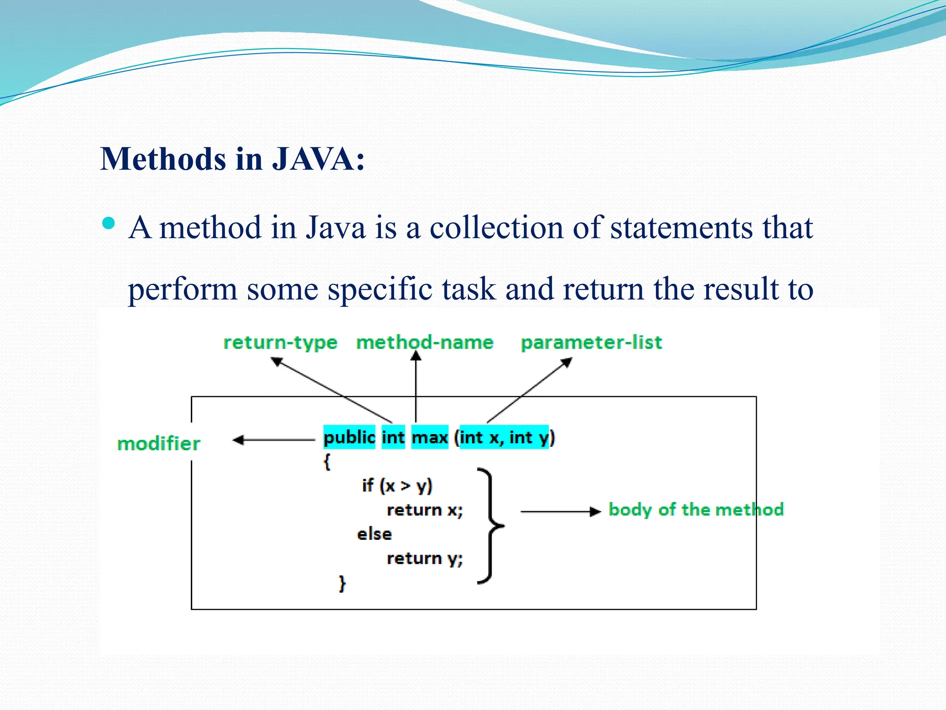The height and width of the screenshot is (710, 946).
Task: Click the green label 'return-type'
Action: point(280,343)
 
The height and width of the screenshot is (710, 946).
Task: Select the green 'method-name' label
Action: point(424,343)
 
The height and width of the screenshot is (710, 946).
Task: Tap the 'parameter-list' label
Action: point(591,343)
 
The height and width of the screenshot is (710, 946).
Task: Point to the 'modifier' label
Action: point(158,444)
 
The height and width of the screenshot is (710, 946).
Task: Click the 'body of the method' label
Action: point(696,509)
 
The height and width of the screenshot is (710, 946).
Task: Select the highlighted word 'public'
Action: point(349,437)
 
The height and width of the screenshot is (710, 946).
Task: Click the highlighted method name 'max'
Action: point(430,437)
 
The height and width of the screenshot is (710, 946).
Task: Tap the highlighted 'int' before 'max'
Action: point(393,437)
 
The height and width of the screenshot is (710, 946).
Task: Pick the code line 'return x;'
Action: point(424,510)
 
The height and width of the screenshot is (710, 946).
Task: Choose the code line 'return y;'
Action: point(424,558)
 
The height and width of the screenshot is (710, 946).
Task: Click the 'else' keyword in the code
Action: point(374,534)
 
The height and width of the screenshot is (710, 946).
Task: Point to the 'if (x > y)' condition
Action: point(397,485)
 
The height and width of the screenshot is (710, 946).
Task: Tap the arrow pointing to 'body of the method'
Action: point(560,512)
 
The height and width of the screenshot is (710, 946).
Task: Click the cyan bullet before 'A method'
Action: point(109,224)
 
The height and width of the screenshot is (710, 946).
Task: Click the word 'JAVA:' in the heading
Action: point(318,159)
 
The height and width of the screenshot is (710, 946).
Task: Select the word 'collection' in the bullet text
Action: point(497,227)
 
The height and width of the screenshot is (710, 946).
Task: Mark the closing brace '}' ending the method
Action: point(342,583)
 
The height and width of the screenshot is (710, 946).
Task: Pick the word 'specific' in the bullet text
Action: point(380,289)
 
